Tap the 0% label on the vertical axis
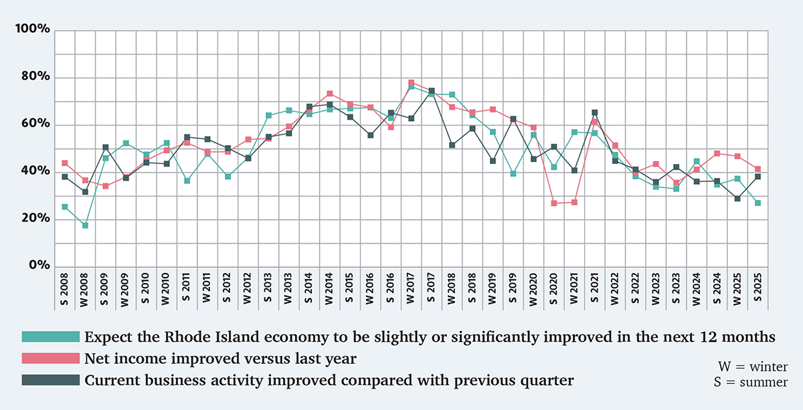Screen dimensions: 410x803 [x=38, y=266]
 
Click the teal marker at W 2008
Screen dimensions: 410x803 [x=85, y=225]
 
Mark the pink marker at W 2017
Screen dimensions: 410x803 [x=412, y=83]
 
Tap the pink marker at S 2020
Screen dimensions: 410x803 [x=553, y=203]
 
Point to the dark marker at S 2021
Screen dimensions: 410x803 [x=594, y=112]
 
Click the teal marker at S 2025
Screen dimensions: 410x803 [x=757, y=203]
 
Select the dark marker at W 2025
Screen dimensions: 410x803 [x=737, y=199]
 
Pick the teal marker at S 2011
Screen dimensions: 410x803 [x=187, y=181]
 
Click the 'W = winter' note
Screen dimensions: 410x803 [x=753, y=367]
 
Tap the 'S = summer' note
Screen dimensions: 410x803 [x=751, y=382]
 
